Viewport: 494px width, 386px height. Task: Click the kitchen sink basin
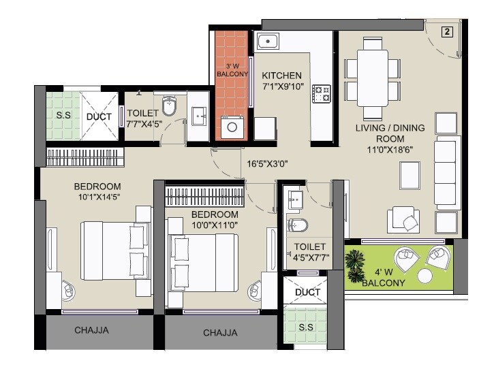coord(269,41)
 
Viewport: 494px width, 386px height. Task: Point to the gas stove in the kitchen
coord(321,93)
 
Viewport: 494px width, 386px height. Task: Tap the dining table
coord(371,70)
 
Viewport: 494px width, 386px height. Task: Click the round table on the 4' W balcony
coord(425,276)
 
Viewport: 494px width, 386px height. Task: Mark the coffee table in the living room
coord(410,177)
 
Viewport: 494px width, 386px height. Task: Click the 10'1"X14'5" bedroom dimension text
coord(97,197)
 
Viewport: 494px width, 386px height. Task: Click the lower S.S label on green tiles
coord(306,327)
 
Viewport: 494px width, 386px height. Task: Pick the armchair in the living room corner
coord(405,219)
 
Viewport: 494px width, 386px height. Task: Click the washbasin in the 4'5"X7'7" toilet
coord(296,199)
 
